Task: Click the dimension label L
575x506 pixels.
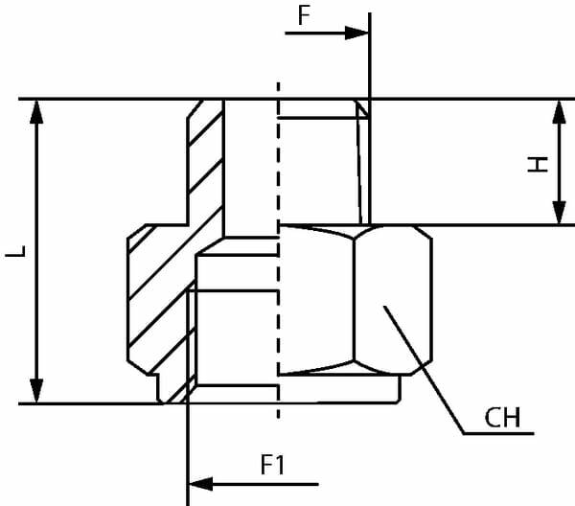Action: point(14,253)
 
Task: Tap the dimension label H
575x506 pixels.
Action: point(540,164)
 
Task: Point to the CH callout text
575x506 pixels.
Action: point(501,419)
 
